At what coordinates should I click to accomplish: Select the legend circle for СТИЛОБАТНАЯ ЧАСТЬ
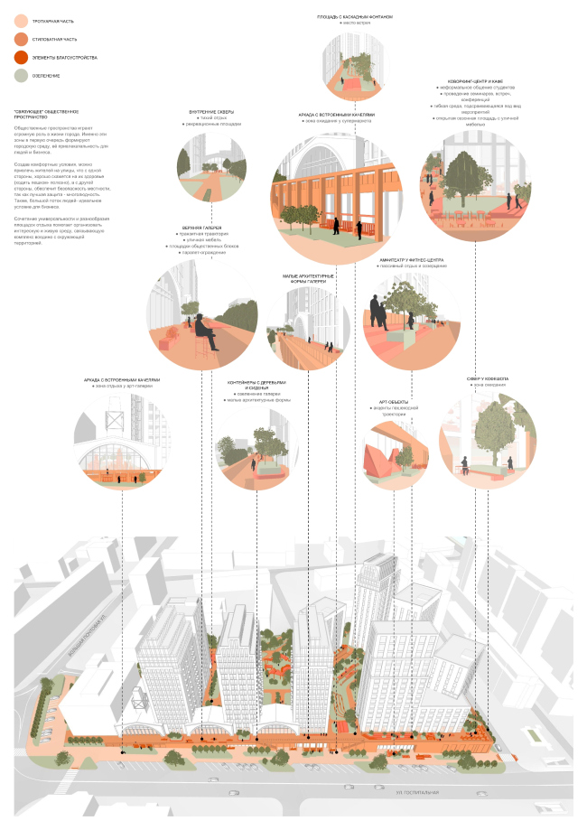[22, 39]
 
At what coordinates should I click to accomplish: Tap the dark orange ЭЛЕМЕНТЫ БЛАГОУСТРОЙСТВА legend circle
[22, 58]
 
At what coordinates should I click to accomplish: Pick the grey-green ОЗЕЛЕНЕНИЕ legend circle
[22, 77]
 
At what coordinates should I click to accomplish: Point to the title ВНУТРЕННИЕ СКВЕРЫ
[211, 112]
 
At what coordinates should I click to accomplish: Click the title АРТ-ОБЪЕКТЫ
[394, 402]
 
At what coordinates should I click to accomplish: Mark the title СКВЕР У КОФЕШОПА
[488, 380]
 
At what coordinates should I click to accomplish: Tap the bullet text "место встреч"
[355, 23]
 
